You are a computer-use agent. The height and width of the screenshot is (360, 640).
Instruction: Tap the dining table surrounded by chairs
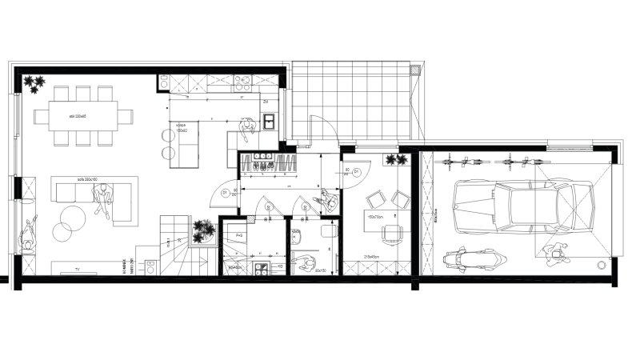(x=82, y=116)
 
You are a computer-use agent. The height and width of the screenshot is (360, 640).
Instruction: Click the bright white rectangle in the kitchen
(x=269, y=122)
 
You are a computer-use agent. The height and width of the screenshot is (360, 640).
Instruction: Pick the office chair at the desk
(x=392, y=234)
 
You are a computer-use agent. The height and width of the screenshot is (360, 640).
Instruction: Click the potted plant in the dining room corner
(x=34, y=82)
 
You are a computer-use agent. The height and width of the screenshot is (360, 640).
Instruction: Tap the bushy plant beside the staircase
(x=203, y=231)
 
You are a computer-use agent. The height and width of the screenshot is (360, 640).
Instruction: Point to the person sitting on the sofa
(x=102, y=198)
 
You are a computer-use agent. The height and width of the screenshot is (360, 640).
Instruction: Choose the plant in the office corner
(x=396, y=160)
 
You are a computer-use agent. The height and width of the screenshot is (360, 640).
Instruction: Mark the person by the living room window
(x=27, y=232)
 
